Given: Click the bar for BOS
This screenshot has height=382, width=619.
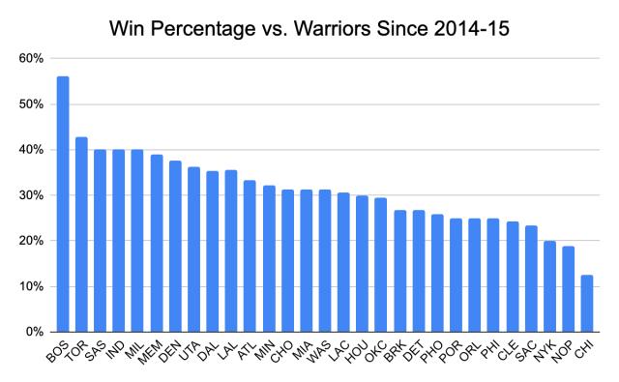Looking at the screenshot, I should (x=63, y=204).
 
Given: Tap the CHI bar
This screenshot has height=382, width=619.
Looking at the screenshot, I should (x=587, y=304).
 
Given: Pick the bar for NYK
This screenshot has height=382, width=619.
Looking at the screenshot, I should (x=549, y=286).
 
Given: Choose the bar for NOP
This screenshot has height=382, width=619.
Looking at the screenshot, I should (x=568, y=289).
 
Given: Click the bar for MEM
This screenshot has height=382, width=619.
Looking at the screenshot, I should (x=157, y=243).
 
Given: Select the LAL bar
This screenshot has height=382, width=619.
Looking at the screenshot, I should (x=231, y=250).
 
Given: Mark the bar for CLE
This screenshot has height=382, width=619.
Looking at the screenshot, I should (x=512, y=277).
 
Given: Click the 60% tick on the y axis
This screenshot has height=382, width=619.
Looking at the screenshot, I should (x=31, y=59).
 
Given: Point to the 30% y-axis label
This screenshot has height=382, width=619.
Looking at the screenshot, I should (x=31, y=195).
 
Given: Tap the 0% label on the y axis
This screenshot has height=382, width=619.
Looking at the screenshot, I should (x=35, y=332).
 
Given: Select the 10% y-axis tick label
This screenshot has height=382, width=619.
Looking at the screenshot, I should (x=31, y=286).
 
